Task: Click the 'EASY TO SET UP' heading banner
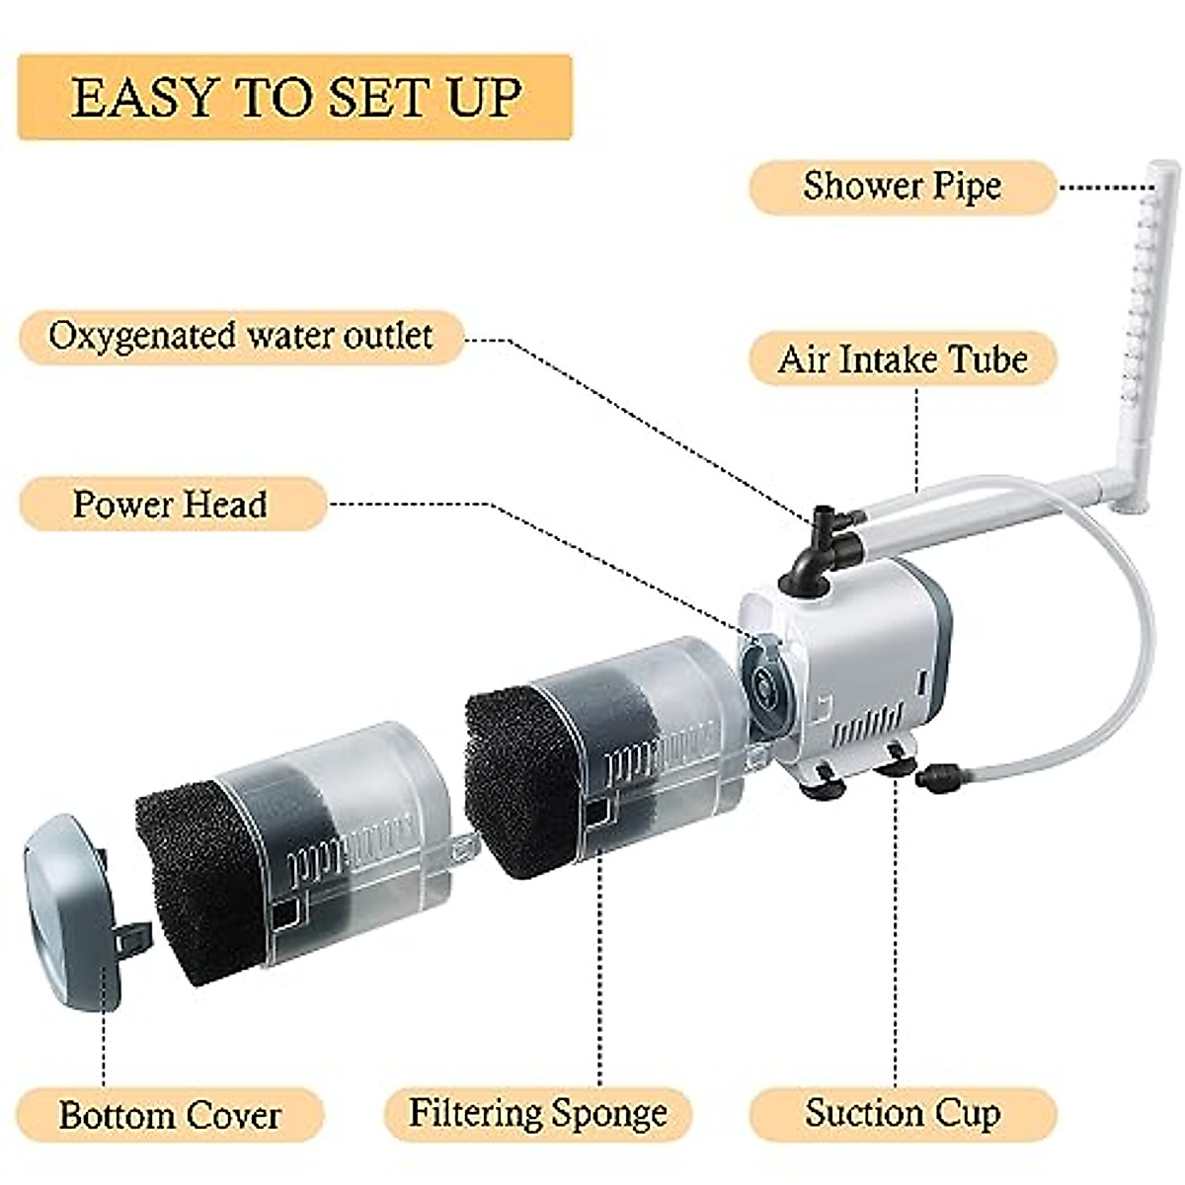click(295, 98)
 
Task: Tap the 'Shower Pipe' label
click(902, 187)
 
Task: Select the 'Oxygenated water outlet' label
click(241, 336)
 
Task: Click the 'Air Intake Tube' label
click(902, 358)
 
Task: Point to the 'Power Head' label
click(170, 505)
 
